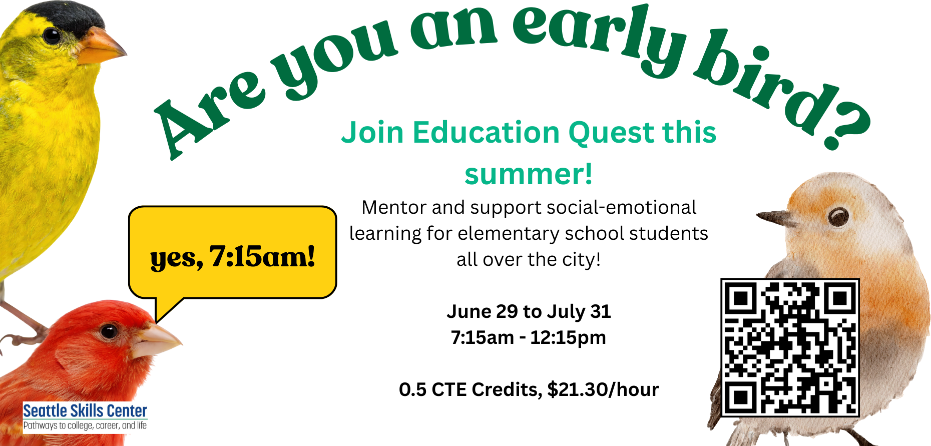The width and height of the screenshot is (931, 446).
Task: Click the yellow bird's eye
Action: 51,36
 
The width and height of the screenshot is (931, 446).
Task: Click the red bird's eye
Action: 109,331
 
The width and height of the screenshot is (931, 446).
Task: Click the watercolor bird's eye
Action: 838,216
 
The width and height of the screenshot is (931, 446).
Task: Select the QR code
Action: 790,348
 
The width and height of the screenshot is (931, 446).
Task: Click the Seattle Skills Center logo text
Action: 85,411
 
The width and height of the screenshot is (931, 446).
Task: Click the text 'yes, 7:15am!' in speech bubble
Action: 233,257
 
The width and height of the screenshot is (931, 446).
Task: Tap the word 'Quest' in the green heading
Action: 612,133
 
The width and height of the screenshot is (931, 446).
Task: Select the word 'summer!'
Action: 529,174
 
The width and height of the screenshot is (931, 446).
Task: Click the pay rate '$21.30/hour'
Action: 603,389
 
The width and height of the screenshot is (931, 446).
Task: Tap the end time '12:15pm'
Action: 568,338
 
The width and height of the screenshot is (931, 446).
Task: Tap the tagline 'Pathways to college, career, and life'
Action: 85,425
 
